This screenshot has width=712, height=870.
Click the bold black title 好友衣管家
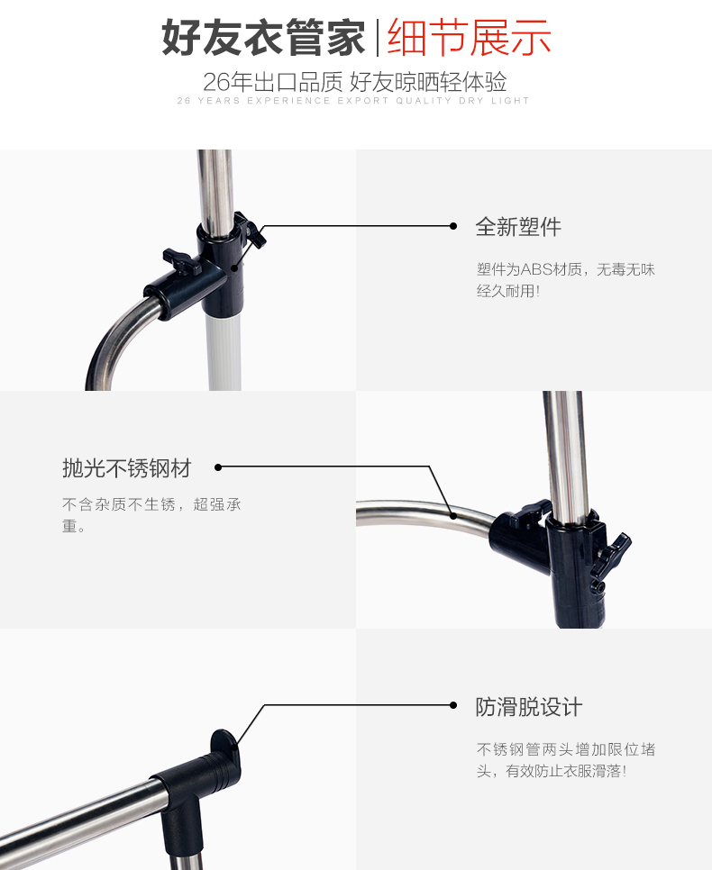pyautogui.click(x=263, y=38)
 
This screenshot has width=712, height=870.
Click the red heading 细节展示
pyautogui.click(x=469, y=38)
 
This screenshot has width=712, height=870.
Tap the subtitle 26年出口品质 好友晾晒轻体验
pyautogui.click(x=354, y=82)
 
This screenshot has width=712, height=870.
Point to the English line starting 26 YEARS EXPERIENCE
pyautogui.click(x=353, y=101)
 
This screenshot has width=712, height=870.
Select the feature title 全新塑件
pyautogui.click(x=518, y=226)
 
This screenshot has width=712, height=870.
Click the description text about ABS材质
pyautogui.click(x=565, y=280)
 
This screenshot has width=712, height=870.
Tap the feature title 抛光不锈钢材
pyautogui.click(x=126, y=468)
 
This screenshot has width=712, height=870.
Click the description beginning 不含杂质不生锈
pyautogui.click(x=151, y=515)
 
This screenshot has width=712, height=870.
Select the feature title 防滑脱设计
pyautogui.click(x=529, y=707)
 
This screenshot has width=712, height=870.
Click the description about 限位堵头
pyautogui.click(x=565, y=760)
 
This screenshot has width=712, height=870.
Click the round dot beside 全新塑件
pyautogui.click(x=453, y=226)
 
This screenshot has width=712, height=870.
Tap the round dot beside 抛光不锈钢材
pyautogui.click(x=218, y=467)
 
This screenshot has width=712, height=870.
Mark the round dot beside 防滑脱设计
pyautogui.click(x=453, y=705)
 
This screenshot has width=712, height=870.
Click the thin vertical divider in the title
pyautogui.click(x=377, y=38)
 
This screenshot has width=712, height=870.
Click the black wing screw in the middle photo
pyautogui.click(x=611, y=555)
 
